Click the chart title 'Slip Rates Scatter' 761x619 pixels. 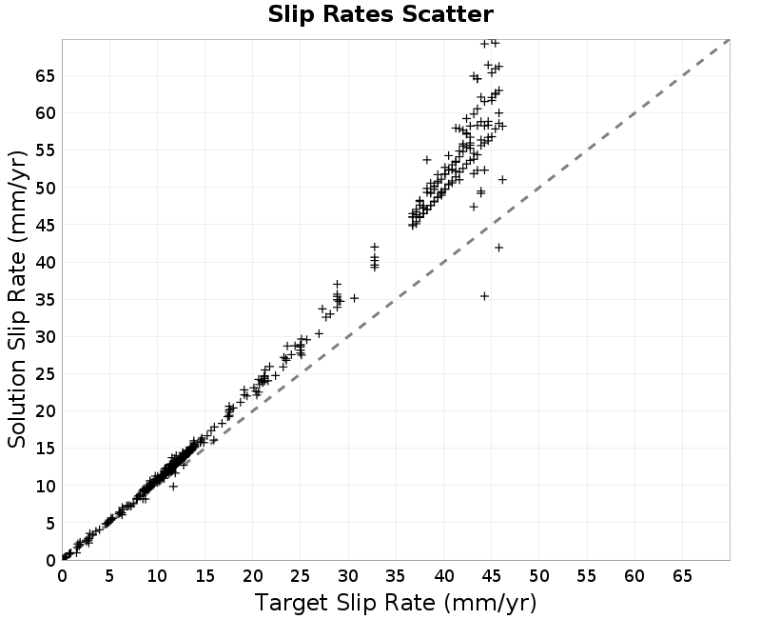click(380, 14)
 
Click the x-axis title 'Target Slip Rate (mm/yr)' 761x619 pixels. click(396, 603)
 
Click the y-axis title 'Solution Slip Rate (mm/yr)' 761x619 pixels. click(17, 299)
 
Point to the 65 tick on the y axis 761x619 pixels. click(46, 76)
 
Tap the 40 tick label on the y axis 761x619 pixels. click(46, 263)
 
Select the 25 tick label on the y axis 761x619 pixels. click(46, 374)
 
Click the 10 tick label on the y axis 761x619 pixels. click(46, 486)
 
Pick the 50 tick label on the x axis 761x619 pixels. click(538, 576)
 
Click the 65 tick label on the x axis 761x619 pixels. click(682, 576)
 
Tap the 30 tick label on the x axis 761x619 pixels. click(348, 576)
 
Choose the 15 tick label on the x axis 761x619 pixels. click(205, 576)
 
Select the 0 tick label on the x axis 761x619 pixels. click(62, 576)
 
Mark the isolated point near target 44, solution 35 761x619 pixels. click(484, 296)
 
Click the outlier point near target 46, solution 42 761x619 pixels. click(498, 248)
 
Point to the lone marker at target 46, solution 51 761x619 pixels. click(503, 180)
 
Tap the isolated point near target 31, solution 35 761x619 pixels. click(354, 298)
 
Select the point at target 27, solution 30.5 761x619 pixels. click(319, 333)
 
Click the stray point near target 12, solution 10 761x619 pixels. click(173, 487)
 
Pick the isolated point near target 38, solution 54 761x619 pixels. click(427, 159)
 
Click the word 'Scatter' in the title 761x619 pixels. click(447, 14)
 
